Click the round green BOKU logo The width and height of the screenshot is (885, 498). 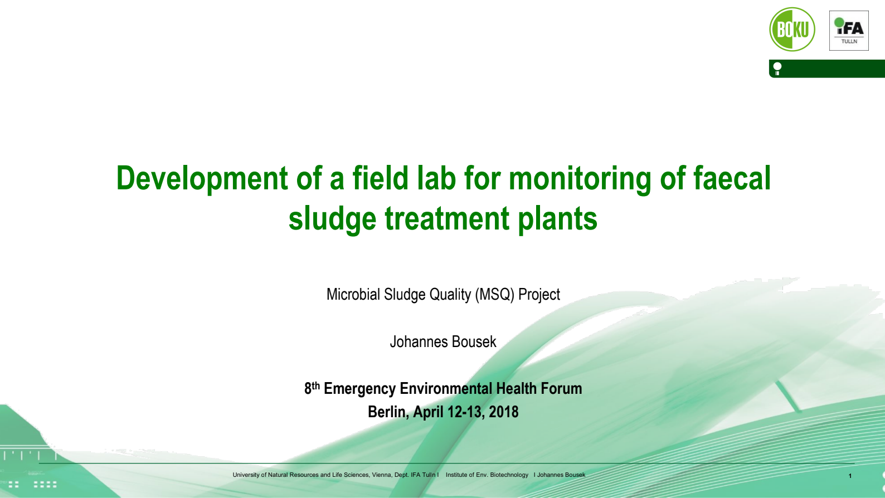point(792,30)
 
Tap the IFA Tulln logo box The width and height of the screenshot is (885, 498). point(849,31)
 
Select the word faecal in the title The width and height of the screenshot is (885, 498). point(732,179)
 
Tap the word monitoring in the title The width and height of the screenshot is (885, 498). point(580,179)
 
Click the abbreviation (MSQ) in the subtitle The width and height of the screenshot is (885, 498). point(494,294)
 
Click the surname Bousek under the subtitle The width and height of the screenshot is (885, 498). point(474,341)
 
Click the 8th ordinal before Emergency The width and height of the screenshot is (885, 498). point(312,388)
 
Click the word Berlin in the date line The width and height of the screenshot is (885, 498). point(387,412)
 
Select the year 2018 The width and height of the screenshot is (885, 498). point(504,412)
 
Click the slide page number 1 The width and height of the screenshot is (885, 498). point(850,476)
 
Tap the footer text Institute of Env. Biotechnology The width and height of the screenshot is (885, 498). point(487,475)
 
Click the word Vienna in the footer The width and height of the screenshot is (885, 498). point(381,475)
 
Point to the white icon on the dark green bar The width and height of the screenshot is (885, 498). point(777,69)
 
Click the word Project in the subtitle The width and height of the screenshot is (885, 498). point(539,294)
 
